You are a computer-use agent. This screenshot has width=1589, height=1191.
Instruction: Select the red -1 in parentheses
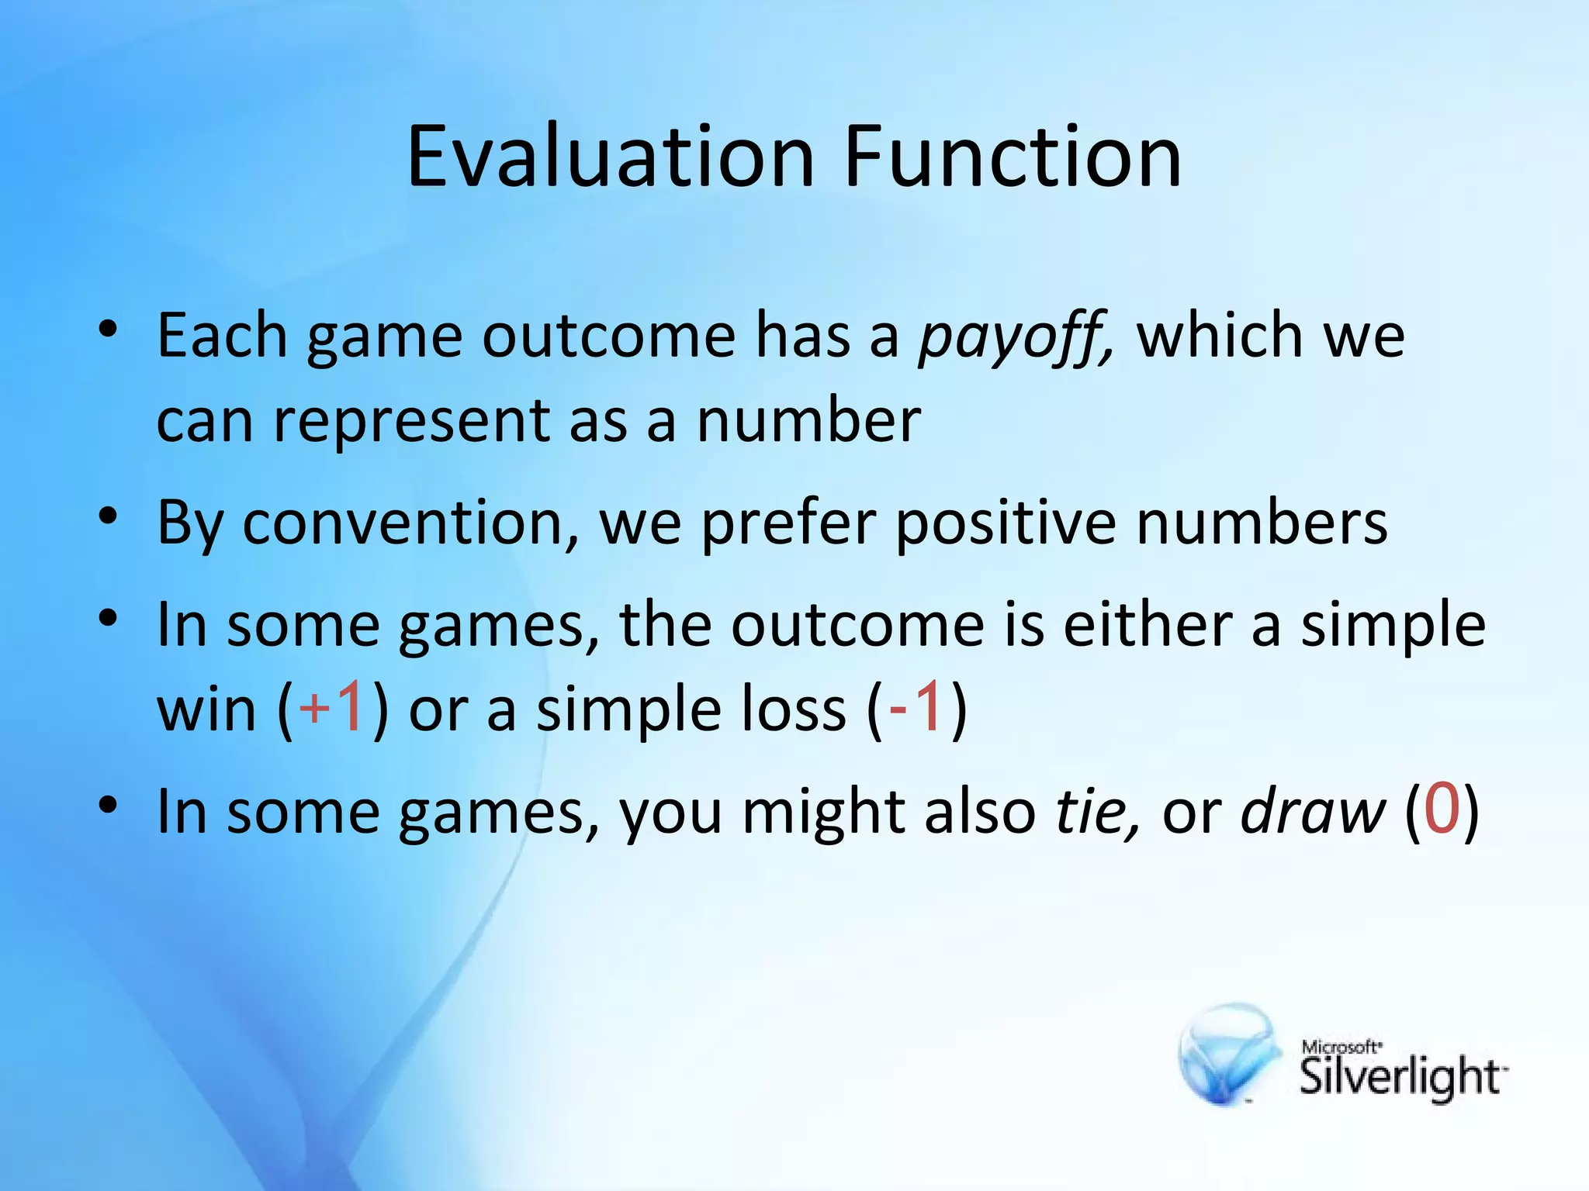(x=916, y=706)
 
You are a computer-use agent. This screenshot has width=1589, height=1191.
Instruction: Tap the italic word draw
(x=1312, y=811)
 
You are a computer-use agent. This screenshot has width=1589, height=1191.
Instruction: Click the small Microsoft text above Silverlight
(x=1341, y=1048)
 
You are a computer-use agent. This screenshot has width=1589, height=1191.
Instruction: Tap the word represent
(x=411, y=423)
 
